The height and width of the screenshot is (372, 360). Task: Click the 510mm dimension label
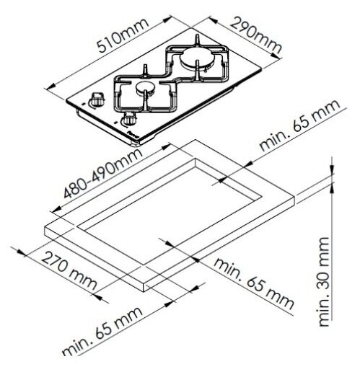(x=123, y=35)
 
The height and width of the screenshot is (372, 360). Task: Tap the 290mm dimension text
(x=255, y=35)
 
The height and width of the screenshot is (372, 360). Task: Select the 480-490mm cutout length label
(x=103, y=173)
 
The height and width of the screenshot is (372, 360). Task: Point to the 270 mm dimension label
(x=69, y=271)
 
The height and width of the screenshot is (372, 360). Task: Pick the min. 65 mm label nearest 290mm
(x=300, y=125)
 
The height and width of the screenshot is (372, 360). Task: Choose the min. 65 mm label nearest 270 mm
(x=102, y=332)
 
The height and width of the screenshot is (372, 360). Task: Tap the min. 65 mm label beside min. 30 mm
(x=254, y=283)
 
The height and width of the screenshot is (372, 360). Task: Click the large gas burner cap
(x=195, y=58)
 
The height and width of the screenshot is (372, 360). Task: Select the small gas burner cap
(x=146, y=87)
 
